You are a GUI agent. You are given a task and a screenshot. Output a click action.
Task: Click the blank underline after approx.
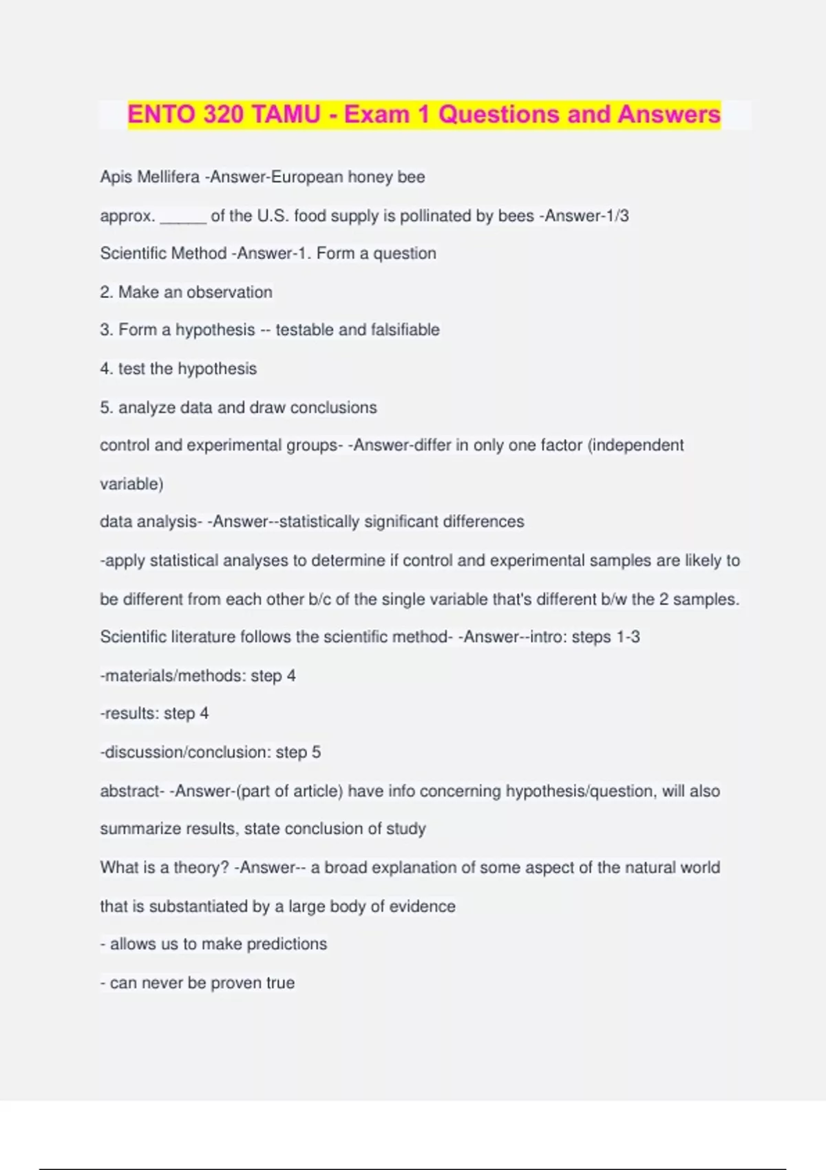[x=183, y=217]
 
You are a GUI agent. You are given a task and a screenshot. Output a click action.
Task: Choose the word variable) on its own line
[x=131, y=484]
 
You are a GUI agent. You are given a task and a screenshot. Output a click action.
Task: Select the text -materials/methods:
[x=173, y=676]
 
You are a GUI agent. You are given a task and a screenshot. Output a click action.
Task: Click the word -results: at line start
[x=129, y=714]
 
